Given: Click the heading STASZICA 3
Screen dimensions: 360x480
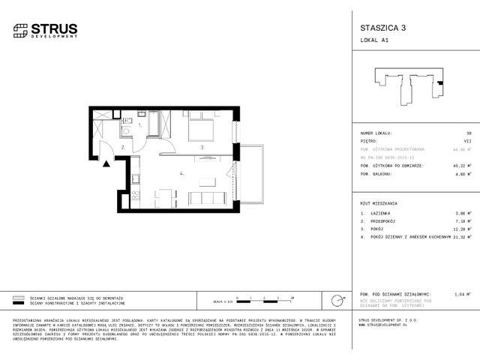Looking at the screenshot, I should (379, 28).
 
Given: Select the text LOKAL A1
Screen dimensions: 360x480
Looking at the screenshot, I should (375, 42).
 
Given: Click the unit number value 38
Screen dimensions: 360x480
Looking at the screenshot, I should (466, 132).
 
